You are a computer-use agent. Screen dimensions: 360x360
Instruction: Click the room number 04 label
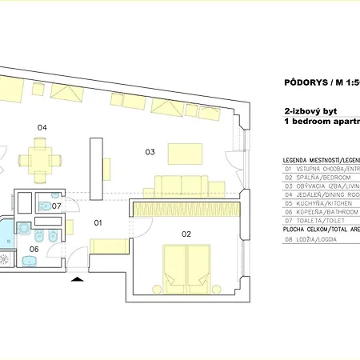pyautogui.click(x=42, y=127)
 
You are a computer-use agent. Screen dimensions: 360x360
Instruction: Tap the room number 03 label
pyautogui.click(x=149, y=151)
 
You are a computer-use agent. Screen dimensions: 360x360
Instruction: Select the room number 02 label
pyautogui.click(x=186, y=234)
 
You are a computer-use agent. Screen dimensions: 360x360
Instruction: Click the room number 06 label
pyautogui.click(x=34, y=249)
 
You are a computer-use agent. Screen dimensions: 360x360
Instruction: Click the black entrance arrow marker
pyautogui.click(x=77, y=279)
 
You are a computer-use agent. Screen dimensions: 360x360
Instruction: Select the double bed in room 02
pyautogui.click(x=186, y=268)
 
